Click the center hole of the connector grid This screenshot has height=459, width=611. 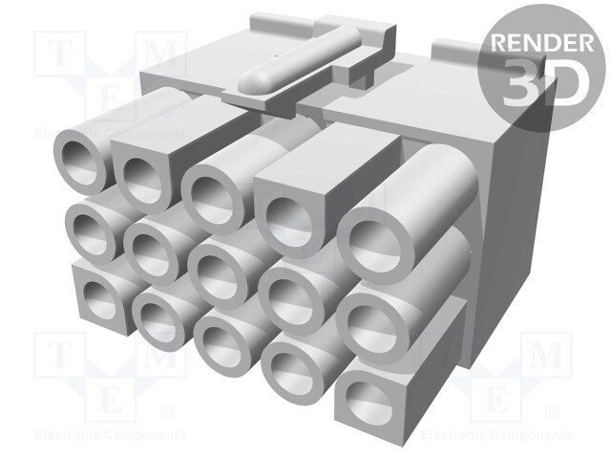219,273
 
